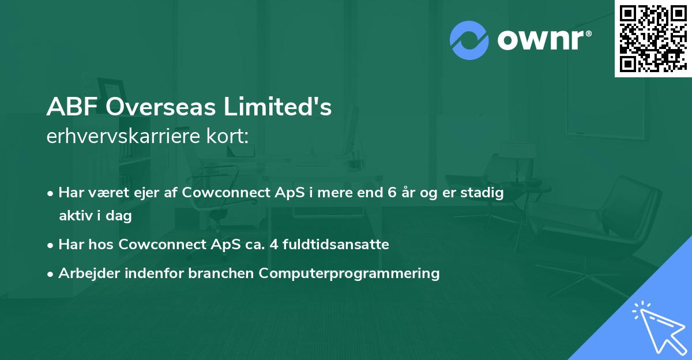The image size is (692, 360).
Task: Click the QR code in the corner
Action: click(653, 38)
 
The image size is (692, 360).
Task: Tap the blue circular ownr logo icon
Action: click(469, 40)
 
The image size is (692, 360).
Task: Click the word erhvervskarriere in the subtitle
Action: click(121, 136)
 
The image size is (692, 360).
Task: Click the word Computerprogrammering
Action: click(349, 273)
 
